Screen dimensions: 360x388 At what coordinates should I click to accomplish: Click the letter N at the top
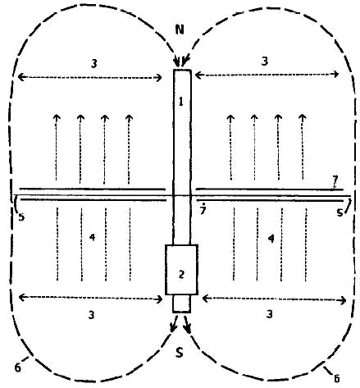coord(180,30)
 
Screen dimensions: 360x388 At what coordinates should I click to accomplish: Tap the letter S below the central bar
coord(179,353)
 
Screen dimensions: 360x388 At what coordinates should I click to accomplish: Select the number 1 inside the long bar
coord(180,102)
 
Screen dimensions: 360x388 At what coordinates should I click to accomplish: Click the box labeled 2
coord(181,270)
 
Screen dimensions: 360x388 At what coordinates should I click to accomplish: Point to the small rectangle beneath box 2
coord(181,304)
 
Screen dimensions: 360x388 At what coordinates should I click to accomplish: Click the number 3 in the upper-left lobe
coord(93,64)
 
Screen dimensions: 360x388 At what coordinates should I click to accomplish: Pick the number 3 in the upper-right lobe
coord(264,61)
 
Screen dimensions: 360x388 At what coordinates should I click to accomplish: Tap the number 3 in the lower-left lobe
coord(91,315)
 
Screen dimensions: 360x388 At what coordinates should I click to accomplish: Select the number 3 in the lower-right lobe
coord(270,314)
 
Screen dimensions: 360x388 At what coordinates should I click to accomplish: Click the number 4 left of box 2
coord(93,237)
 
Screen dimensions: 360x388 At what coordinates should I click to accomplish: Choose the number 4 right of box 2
coord(271,239)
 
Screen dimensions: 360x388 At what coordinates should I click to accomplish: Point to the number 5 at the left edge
coord(21,217)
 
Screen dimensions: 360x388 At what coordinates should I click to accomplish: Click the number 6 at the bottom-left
coord(18,367)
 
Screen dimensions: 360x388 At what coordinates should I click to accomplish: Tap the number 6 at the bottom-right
coord(337,378)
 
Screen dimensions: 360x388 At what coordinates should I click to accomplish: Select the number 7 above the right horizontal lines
coord(335,180)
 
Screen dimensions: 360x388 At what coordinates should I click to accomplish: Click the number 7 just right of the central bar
coord(203,210)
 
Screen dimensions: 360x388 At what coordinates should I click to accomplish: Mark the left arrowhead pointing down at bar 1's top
coord(177,63)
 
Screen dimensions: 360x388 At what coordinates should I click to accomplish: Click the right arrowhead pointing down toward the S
coord(188,328)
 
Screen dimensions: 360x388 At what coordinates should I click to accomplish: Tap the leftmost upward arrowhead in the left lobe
coord(57,117)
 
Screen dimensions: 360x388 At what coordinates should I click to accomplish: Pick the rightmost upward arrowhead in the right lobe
coord(302,116)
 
